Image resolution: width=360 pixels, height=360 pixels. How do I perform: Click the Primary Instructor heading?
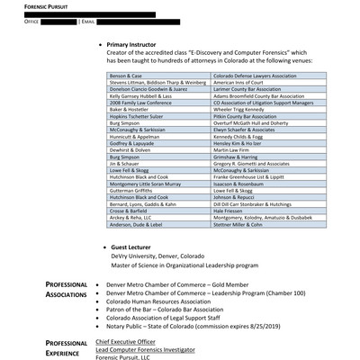coord(146,43)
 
